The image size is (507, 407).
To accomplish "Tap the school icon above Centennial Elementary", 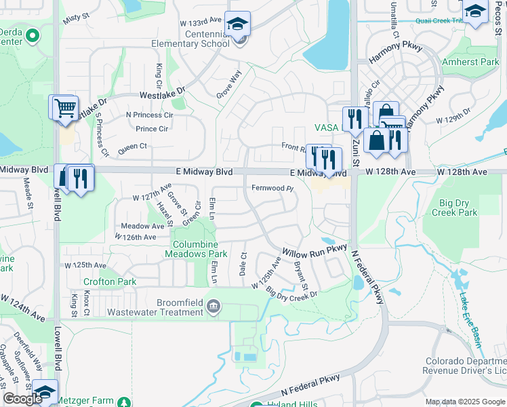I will (x=237, y=24).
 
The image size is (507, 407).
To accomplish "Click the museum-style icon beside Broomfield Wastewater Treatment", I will (x=215, y=307).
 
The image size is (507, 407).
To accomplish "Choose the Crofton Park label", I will (x=110, y=282).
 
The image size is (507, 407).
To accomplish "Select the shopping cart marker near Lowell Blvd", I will (x=64, y=107).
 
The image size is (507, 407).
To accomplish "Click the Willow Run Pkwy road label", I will (x=315, y=252).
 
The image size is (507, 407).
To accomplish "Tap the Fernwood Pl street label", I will (x=272, y=188).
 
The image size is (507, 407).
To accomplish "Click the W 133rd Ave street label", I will (x=201, y=21).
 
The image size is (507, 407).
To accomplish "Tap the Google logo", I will (x=22, y=399).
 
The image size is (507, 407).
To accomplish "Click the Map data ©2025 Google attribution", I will (x=465, y=402).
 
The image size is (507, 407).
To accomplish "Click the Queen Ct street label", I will (x=132, y=146).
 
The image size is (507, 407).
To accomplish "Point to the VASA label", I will (x=326, y=128).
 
